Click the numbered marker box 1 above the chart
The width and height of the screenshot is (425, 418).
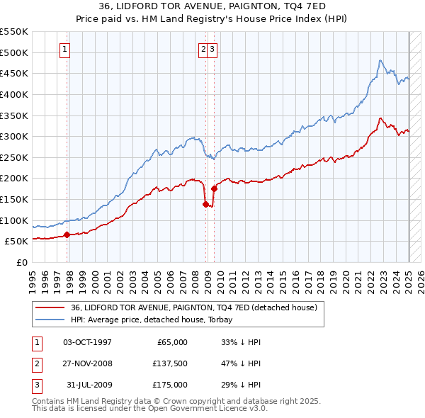click(64, 49)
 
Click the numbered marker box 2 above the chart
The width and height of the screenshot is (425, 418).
click(203, 49)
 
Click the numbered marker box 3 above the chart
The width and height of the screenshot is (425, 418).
click(212, 49)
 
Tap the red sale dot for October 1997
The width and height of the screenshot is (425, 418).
click(67, 235)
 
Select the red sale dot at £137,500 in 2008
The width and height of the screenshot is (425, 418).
click(205, 204)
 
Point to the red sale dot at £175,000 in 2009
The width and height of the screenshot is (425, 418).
click(214, 188)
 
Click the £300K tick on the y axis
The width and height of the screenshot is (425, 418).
click(13, 136)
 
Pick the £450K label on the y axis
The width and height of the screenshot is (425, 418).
click(13, 73)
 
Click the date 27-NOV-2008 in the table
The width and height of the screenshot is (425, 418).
click(87, 363)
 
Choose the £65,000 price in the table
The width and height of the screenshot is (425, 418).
click(171, 342)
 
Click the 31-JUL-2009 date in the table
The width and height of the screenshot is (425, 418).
click(88, 385)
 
